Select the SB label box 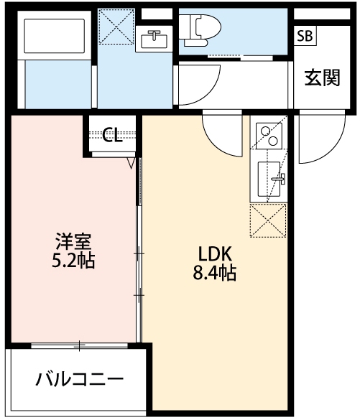point(305,36)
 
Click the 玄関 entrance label point(321,78)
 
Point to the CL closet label point(111,134)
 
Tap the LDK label point(214,253)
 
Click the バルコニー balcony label point(80,378)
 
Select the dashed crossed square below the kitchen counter point(267,220)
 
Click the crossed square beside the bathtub point(115,27)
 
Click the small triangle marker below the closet point(131,163)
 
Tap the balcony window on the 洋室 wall point(79,346)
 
